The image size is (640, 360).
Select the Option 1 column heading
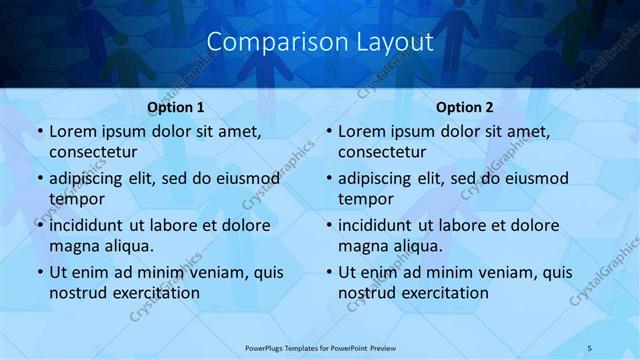tap(176, 107)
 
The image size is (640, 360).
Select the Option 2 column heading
tap(465, 107)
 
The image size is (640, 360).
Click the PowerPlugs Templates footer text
tap(319, 348)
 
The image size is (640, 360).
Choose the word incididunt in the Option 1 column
tap(91, 226)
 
